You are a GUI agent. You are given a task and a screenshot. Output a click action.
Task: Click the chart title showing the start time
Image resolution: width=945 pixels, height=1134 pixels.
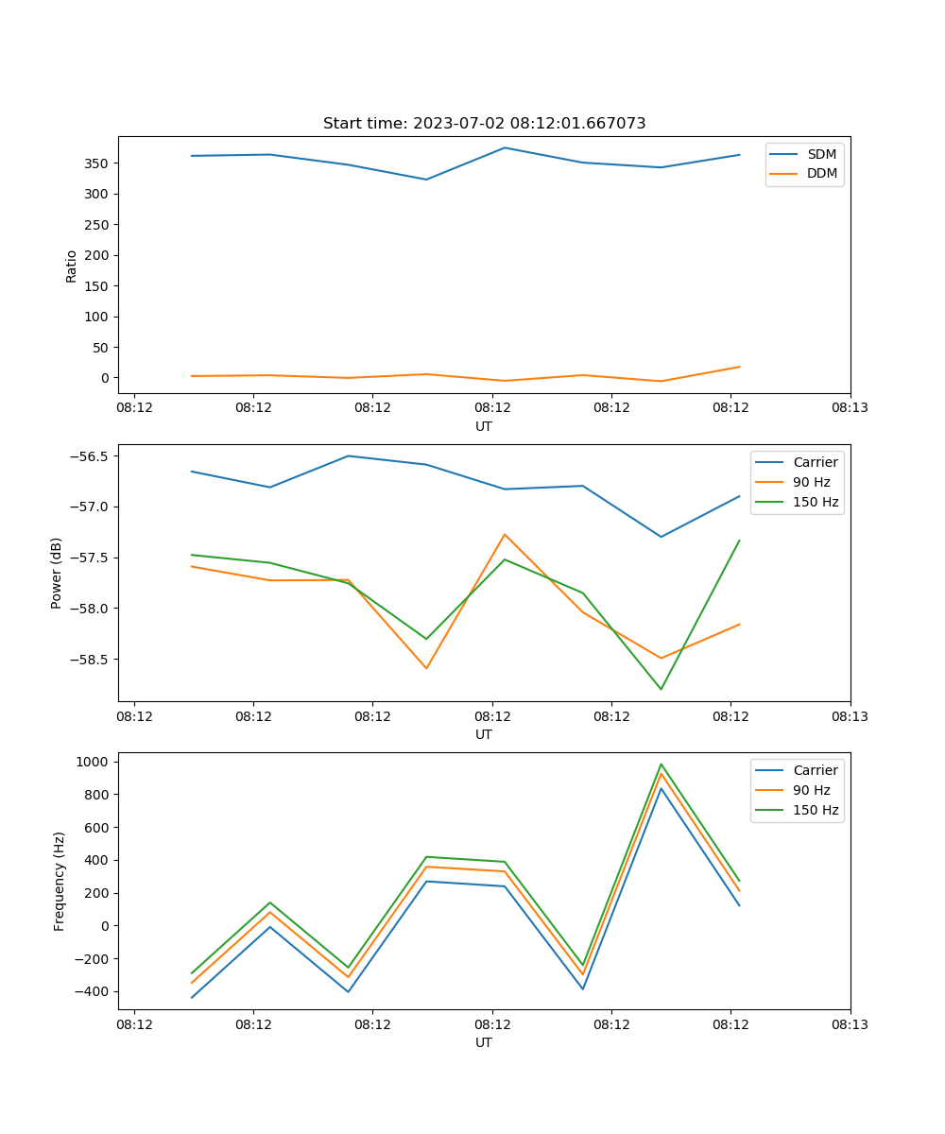point(484,124)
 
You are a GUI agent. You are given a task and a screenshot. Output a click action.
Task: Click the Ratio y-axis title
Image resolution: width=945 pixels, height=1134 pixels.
point(72,266)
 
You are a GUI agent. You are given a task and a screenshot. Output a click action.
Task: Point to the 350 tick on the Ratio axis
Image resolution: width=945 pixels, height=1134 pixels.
point(98,163)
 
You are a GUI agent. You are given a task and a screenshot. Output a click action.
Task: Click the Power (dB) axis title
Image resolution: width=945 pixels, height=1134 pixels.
point(57,573)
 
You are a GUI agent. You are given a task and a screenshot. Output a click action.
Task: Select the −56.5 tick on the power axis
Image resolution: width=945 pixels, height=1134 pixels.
point(89,456)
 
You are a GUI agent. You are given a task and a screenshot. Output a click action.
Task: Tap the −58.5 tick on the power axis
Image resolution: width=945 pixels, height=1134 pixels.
point(89,660)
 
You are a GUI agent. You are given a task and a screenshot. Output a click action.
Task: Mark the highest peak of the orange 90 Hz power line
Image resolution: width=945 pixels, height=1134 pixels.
point(505,535)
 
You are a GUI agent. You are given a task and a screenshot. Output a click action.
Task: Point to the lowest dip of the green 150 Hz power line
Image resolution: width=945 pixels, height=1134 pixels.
point(661,689)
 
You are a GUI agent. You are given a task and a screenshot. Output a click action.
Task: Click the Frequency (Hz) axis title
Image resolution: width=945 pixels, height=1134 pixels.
point(60,881)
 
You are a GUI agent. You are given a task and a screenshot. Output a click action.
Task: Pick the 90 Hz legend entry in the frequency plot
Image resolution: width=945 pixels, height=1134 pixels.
point(811,790)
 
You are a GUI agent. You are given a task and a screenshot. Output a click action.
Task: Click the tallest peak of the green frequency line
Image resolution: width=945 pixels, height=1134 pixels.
point(661,765)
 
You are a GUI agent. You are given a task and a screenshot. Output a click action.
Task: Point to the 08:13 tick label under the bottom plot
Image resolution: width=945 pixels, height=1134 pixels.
point(850,1023)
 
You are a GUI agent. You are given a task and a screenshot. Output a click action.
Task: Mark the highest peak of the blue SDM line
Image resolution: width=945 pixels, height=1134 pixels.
point(505,147)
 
